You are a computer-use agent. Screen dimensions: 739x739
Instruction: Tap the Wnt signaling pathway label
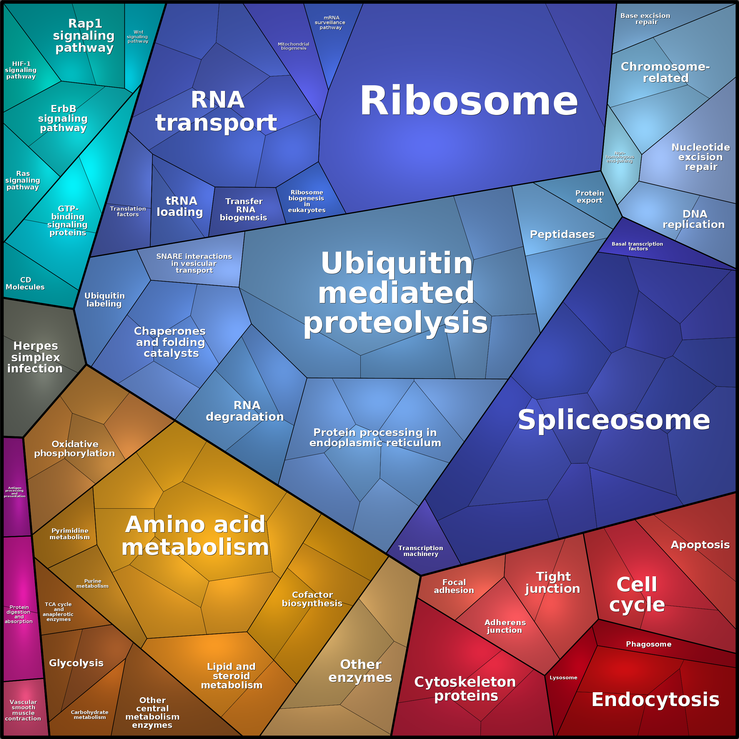[138, 37]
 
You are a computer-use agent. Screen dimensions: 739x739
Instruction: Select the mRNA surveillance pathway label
[330, 23]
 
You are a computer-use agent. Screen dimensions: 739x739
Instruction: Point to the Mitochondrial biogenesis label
[293, 46]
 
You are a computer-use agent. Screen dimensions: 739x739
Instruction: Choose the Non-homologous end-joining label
[620, 157]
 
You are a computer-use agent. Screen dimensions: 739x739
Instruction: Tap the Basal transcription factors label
[637, 246]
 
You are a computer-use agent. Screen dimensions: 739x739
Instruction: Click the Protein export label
[590, 197]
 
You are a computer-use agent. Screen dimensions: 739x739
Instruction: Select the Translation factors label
[128, 211]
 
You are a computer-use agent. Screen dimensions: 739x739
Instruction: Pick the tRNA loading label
[180, 206]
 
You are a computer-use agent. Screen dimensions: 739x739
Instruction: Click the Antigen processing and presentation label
[14, 492]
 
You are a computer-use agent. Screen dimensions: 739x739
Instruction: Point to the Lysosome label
[563, 678]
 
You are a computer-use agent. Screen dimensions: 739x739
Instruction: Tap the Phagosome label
[648, 644]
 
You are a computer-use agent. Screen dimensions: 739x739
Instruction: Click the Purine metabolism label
[93, 583]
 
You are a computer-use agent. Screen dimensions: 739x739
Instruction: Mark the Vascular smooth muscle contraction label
[23, 710]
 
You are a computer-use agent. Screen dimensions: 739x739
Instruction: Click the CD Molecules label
[25, 283]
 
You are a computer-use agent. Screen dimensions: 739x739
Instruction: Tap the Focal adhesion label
[454, 586]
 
